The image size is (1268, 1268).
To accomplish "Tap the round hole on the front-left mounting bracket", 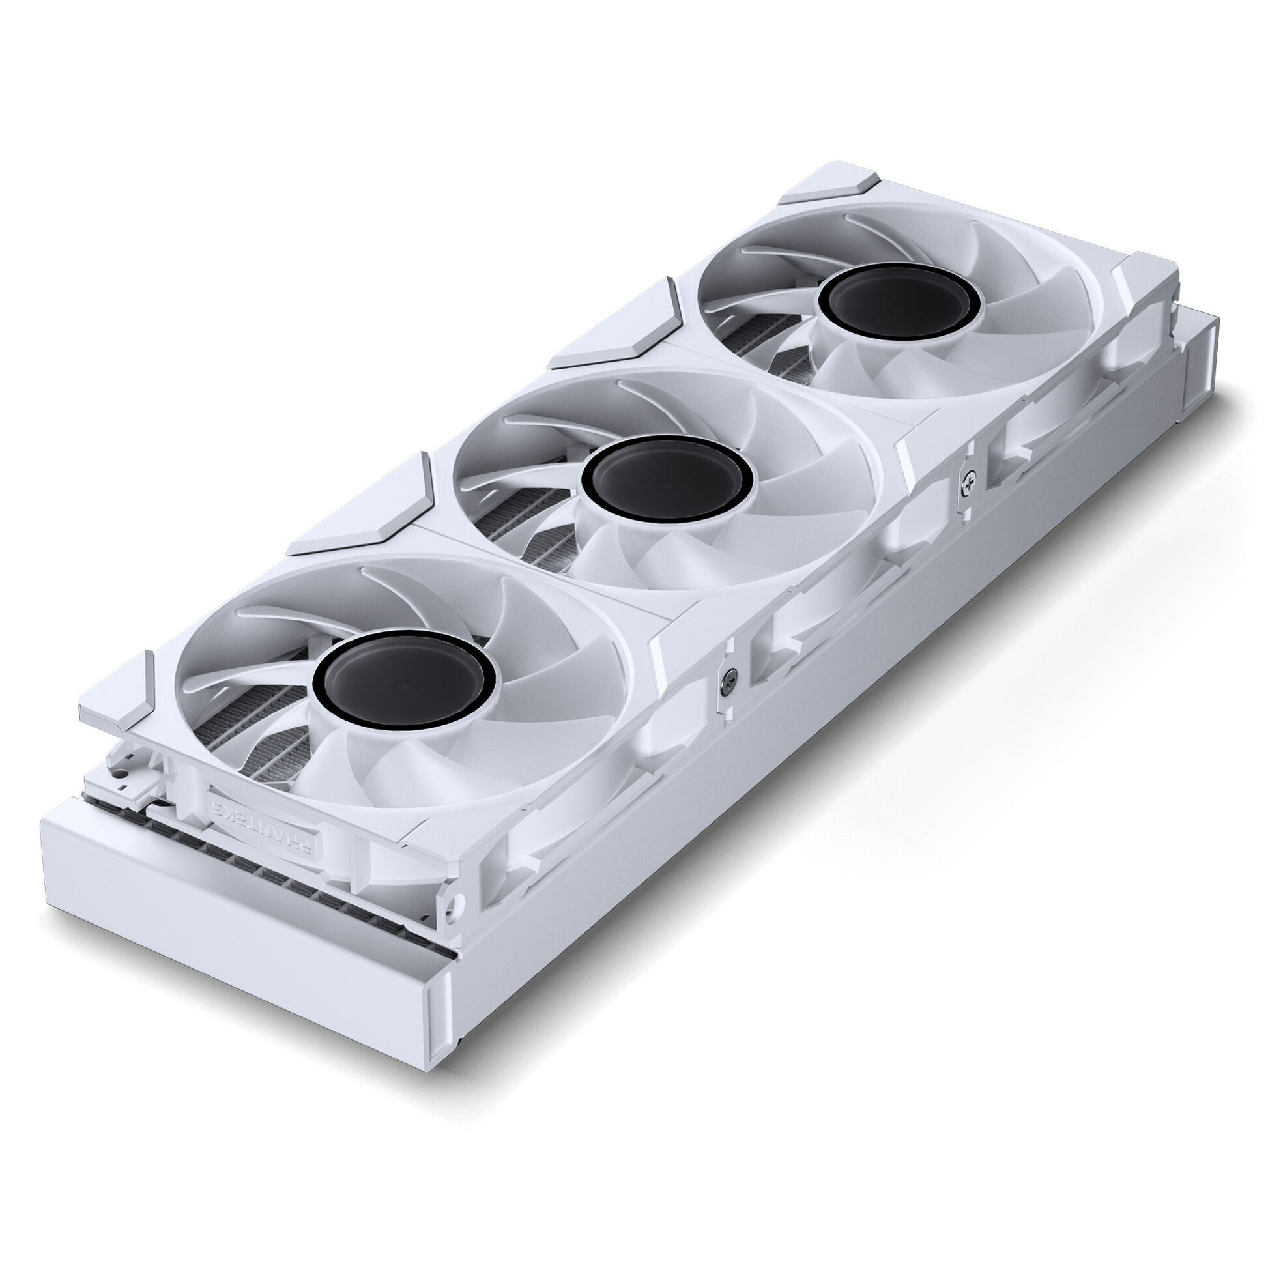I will click(122, 785).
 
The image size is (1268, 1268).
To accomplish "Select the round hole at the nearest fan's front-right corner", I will click(452, 901).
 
